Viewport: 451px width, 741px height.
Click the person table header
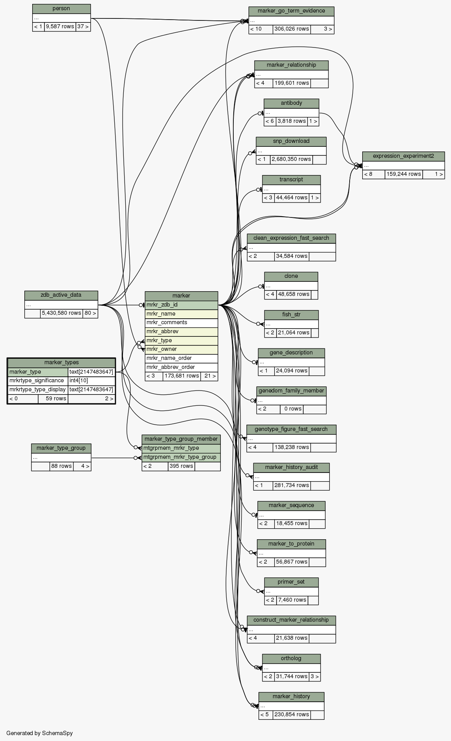pyautogui.click(x=61, y=9)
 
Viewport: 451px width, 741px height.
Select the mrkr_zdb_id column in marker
pyautogui.click(x=181, y=305)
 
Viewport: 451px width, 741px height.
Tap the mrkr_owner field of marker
pyautogui.click(x=181, y=349)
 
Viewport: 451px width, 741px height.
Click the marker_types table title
pyautogui.click(x=61, y=362)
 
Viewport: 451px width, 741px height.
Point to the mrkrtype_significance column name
pyautogui.click(x=37, y=380)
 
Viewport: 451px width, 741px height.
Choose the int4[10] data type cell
pyautogui.click(x=91, y=380)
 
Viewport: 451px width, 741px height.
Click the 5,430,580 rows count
pyautogui.click(x=61, y=313)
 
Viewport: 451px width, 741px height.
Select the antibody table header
pyautogui.click(x=291, y=103)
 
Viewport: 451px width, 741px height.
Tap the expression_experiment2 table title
pyautogui.click(x=403, y=156)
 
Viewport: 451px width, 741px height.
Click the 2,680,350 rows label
pyautogui.click(x=291, y=159)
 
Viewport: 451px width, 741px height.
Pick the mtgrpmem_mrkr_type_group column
pyautogui.click(x=181, y=457)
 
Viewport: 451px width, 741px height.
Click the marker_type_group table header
pyautogui.click(x=61, y=448)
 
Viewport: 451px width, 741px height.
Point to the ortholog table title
pyautogui.click(x=291, y=658)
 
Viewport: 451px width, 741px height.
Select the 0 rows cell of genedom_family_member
pyautogui.click(x=291, y=409)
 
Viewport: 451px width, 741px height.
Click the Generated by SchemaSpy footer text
pyautogui.click(x=39, y=733)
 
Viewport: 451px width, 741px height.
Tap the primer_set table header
pyautogui.click(x=291, y=582)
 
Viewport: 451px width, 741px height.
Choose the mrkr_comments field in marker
pyautogui.click(x=181, y=323)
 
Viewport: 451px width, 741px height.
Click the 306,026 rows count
pyautogui.click(x=291, y=29)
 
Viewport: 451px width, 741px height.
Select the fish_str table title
pyautogui.click(x=291, y=315)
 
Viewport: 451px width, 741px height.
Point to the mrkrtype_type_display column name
pyautogui.click(x=37, y=389)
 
